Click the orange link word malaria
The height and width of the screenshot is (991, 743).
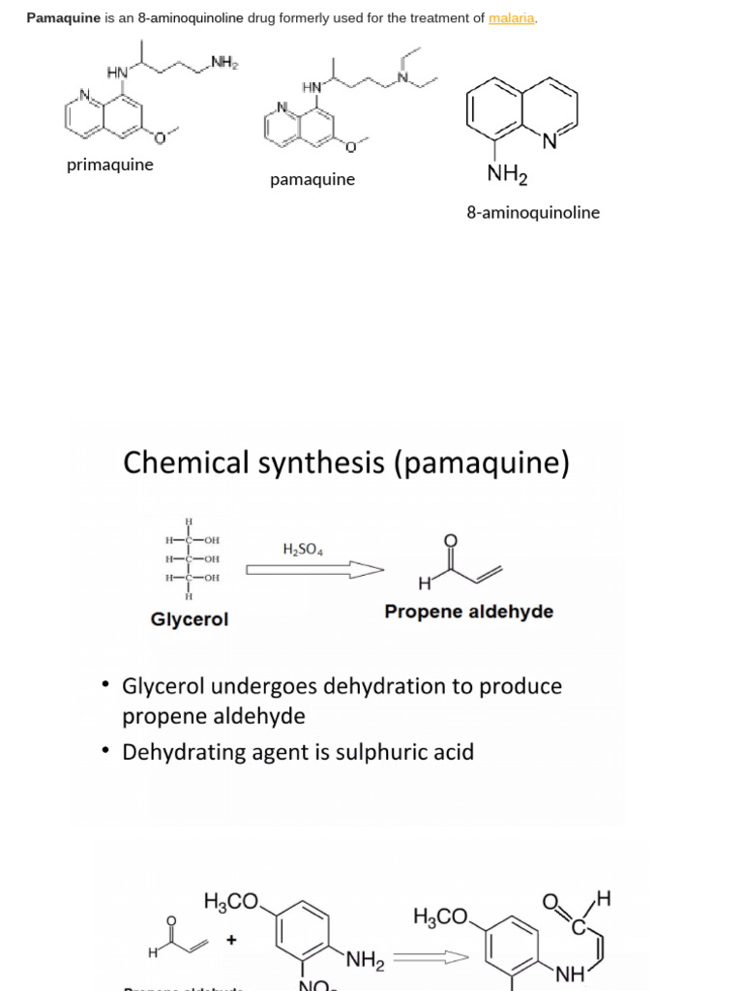coord(512,18)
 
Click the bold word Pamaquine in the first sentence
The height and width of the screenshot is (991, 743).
coord(64,18)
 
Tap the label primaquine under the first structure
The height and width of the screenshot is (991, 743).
coord(109,165)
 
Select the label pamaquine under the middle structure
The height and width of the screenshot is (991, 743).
coord(312,180)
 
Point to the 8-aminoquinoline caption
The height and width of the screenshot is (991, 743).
coord(533,212)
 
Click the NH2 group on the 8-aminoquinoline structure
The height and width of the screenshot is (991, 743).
coord(508,175)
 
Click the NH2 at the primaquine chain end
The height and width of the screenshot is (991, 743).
coord(224,64)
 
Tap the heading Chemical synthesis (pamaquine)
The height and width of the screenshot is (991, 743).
coord(346,464)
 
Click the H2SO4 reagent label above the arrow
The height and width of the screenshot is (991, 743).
coord(303,549)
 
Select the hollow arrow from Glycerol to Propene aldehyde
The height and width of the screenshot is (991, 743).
coord(314,571)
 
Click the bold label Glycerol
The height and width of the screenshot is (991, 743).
coord(190,619)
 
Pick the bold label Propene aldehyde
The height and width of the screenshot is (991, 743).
coord(469,612)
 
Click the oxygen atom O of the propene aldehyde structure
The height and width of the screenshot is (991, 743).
coord(449,540)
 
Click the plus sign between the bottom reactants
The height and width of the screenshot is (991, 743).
coord(231,939)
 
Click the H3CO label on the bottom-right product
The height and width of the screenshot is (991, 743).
coord(440,916)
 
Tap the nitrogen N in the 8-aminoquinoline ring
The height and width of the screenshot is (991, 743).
coord(549,143)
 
